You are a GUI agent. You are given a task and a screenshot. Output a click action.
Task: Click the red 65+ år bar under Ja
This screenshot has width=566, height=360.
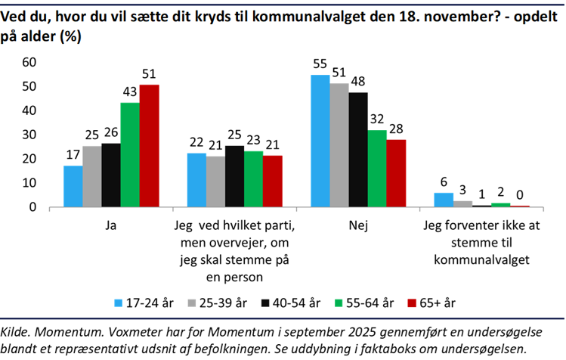click(x=150, y=146)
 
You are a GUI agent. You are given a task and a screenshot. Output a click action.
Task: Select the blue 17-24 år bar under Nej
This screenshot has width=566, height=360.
click(x=320, y=141)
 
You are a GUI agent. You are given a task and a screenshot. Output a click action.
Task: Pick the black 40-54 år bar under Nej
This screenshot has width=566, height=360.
click(x=358, y=150)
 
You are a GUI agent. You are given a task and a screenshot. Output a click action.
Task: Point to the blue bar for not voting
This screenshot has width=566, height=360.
click(x=444, y=200)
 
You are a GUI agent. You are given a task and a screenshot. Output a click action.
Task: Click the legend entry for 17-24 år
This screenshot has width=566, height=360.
click(x=144, y=303)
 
